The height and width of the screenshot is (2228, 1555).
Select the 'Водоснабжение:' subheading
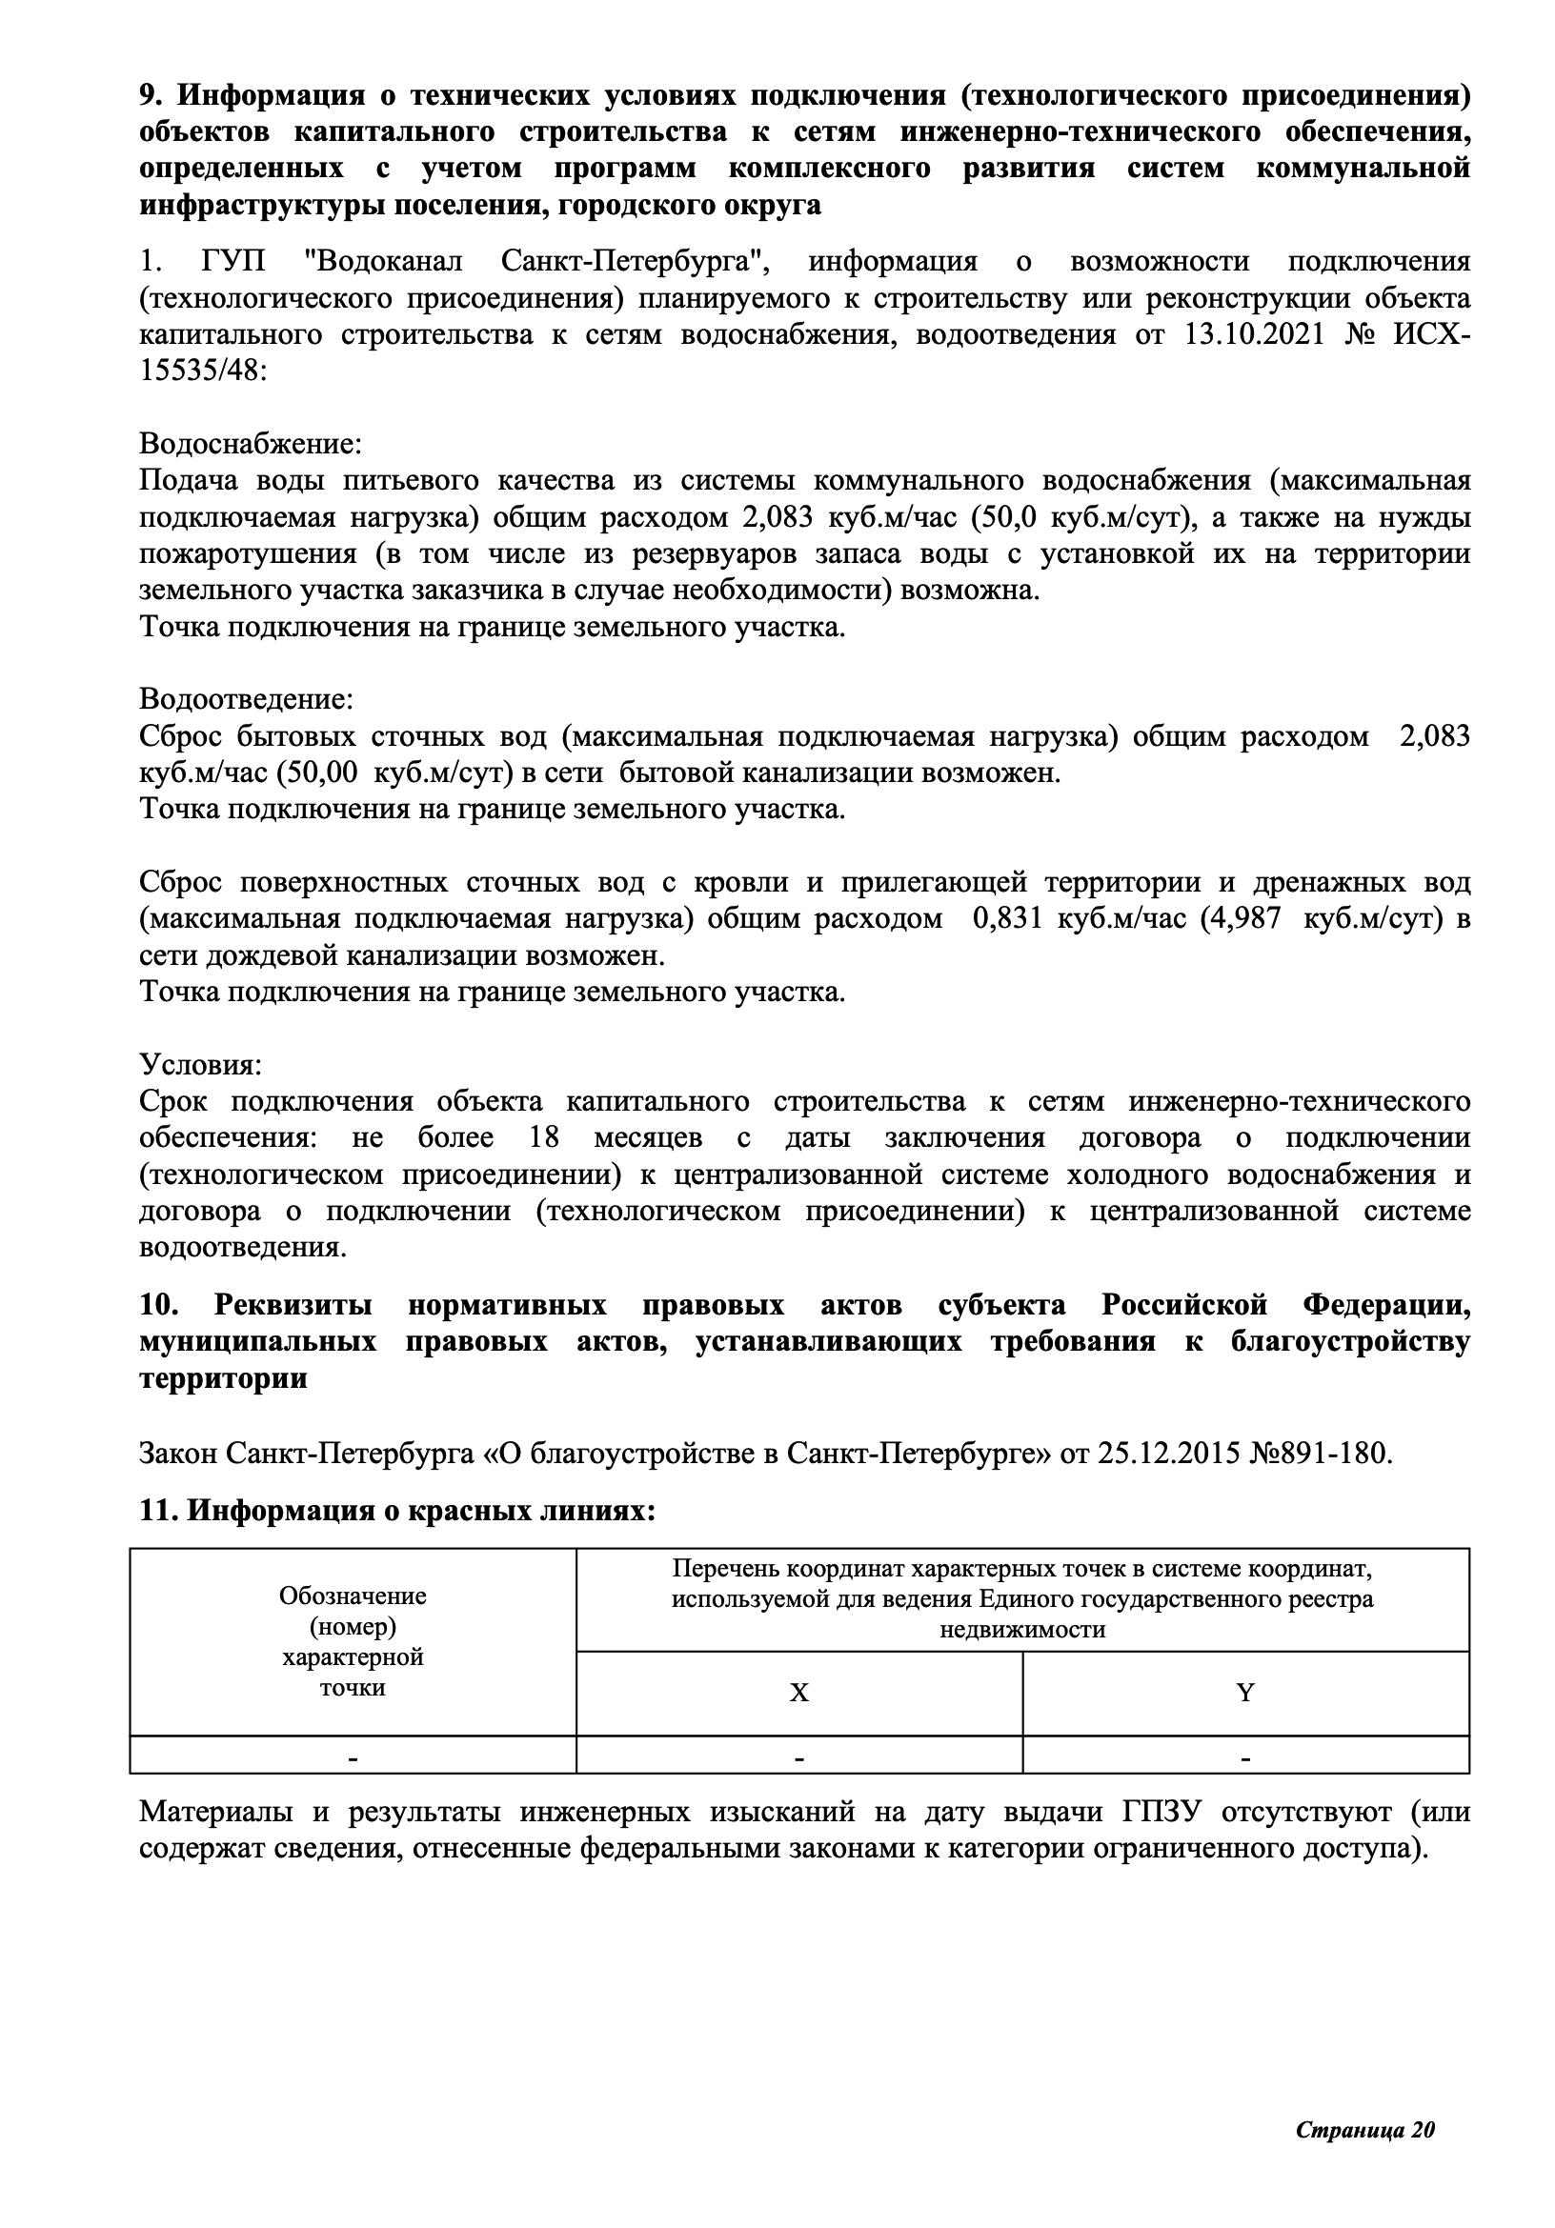[x=251, y=444]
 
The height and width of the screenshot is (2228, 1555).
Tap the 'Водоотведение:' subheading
[x=247, y=698]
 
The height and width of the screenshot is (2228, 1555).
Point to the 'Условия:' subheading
[x=200, y=1065]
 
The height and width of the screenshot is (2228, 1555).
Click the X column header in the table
[x=798, y=1693]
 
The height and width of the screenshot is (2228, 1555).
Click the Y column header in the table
[x=1244, y=1693]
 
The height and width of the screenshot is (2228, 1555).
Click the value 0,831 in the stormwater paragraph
[x=1006, y=918]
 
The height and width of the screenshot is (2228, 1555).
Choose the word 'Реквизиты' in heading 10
[x=293, y=1305]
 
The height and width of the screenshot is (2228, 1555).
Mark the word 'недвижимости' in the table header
[x=1022, y=1629]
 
